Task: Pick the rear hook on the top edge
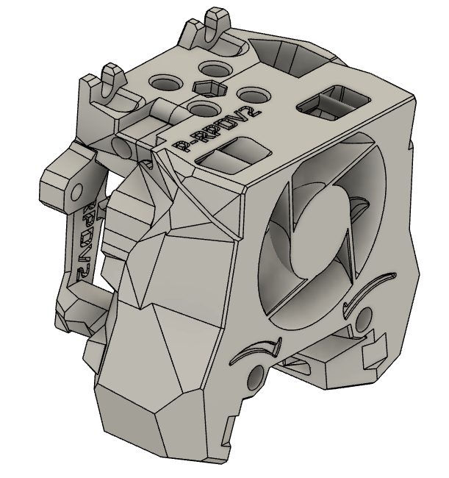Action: coord(214,21)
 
